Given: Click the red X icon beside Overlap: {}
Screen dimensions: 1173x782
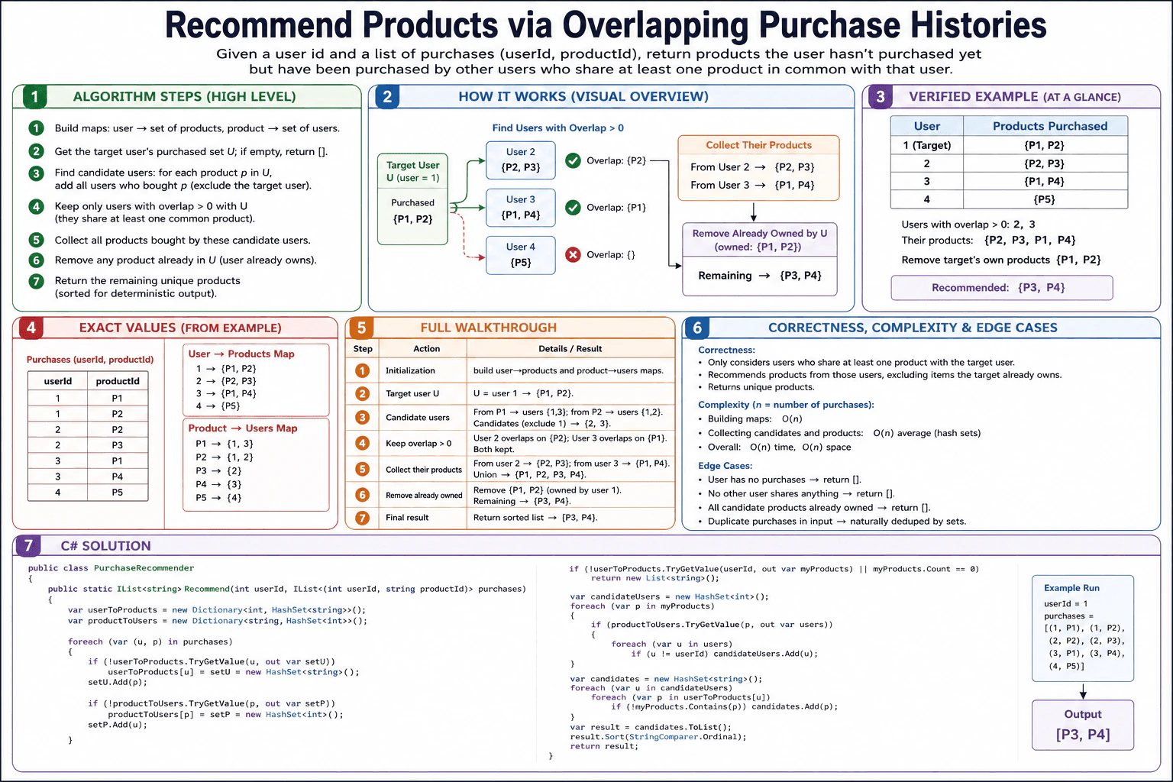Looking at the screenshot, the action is [x=573, y=255].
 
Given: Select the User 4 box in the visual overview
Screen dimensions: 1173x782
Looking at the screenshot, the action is [x=521, y=255].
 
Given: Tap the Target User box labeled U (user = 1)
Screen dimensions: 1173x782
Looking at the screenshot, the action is [x=412, y=199].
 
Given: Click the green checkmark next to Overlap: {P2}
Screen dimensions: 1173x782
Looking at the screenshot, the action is [x=573, y=160].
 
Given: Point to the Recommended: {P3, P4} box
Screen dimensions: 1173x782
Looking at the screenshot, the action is [x=1002, y=288].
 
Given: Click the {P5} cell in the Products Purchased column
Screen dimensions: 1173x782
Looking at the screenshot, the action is [x=1045, y=199].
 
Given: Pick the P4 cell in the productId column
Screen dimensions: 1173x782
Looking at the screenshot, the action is [x=118, y=477].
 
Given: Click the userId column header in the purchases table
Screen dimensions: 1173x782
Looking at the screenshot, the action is [x=57, y=381].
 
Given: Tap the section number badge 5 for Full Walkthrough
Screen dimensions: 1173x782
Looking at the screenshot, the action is [x=361, y=328].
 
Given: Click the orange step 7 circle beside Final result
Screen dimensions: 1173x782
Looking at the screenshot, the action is [x=362, y=518].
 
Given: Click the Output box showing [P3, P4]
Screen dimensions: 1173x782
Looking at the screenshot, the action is [x=1083, y=725].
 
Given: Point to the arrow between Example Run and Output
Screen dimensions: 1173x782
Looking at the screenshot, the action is [x=1083, y=691].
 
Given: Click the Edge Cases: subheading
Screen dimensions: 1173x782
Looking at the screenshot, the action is [x=725, y=466].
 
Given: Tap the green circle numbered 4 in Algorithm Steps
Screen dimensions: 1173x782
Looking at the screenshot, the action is [x=36, y=206].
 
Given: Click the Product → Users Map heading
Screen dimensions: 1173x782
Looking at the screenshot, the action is [x=243, y=428].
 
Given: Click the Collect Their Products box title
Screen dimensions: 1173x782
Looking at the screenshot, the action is [x=759, y=145].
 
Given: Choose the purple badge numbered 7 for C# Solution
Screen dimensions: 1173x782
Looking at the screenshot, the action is [x=27, y=546].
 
